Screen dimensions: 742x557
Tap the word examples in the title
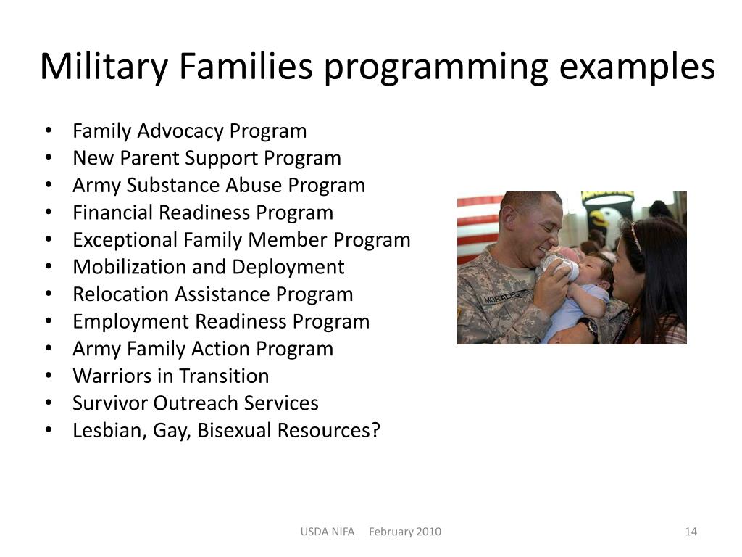[x=637, y=67]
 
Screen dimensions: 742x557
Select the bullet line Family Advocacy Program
[x=189, y=131]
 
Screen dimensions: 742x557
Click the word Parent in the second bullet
[x=151, y=158]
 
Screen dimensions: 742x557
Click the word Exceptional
[x=125, y=239]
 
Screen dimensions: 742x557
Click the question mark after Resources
[x=375, y=430]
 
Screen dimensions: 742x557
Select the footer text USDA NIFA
[x=328, y=532]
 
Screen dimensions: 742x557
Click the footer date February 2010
[x=405, y=532]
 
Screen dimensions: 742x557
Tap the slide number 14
[x=691, y=532]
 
